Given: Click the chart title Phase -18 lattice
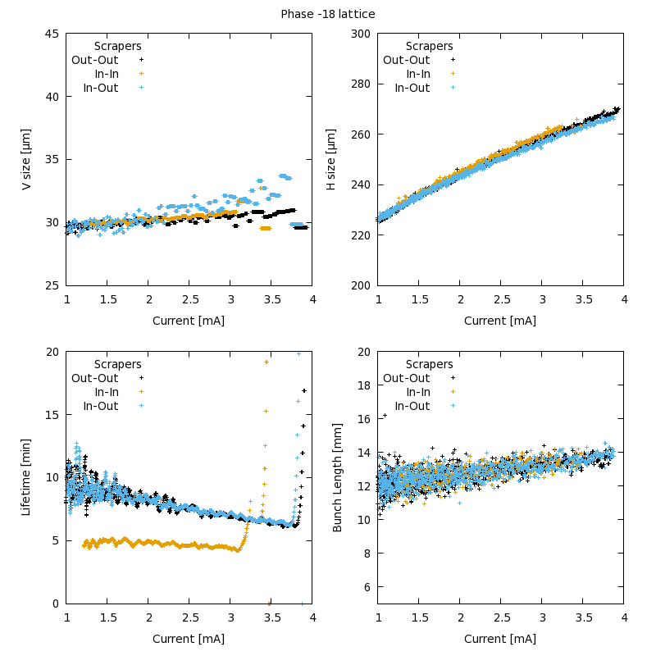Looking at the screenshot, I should click(328, 14).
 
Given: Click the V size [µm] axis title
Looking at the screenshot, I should click(26, 160).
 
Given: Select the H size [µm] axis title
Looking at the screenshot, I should click(331, 160).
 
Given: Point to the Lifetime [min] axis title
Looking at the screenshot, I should click(26, 477).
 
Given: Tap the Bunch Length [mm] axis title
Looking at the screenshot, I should click(338, 477).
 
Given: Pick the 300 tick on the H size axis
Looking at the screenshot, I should click(361, 34).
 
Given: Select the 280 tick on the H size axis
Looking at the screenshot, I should click(361, 84).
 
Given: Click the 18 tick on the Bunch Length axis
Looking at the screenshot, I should click(364, 385).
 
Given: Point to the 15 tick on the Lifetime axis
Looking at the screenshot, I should click(52, 415).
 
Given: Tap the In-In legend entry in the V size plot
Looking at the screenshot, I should click(107, 74).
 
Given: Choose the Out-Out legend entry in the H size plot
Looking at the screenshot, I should click(406, 60).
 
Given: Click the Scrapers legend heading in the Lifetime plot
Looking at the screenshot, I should click(117, 364).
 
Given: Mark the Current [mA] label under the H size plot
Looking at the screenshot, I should click(500, 321).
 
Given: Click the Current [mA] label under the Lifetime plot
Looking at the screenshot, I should click(189, 639).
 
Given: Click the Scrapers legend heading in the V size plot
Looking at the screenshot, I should click(117, 46).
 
